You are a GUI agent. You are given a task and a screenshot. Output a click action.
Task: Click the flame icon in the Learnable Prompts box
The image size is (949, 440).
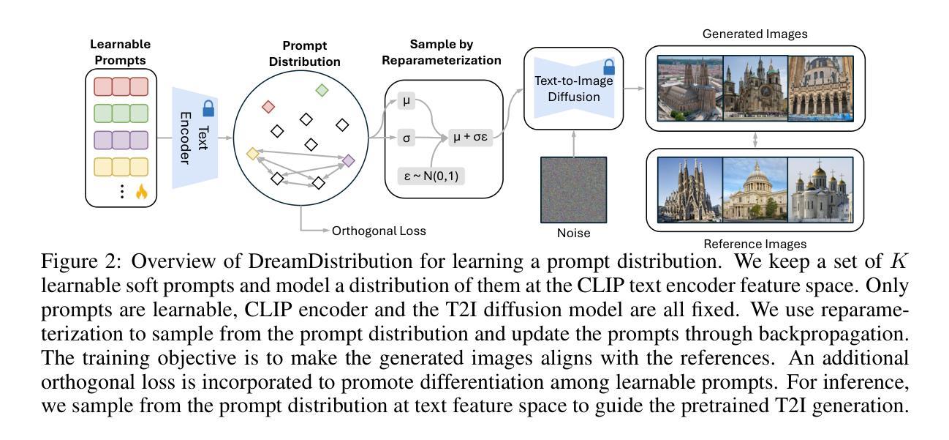(142, 192)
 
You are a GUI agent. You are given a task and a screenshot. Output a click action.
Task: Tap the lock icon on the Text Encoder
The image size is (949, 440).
(208, 108)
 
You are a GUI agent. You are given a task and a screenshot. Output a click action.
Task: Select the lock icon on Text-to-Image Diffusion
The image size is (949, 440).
(609, 67)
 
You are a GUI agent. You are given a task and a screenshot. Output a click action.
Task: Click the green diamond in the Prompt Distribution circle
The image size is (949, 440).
(322, 90)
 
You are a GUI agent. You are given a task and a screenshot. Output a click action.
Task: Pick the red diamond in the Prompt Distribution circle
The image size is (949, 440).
(268, 106)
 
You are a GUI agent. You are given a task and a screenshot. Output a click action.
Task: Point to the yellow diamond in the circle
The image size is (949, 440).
(253, 153)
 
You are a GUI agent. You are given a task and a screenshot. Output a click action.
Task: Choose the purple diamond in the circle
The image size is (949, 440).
(348, 160)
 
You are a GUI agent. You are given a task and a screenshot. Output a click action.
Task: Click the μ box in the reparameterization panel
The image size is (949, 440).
(407, 101)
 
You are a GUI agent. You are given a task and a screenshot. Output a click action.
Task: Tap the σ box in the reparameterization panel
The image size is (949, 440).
(407, 138)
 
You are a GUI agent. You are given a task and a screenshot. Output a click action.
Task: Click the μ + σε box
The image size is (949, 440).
(470, 137)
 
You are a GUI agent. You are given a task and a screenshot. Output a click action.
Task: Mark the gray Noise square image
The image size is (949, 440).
(574, 190)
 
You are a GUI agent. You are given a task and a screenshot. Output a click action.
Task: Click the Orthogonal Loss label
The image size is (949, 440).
(379, 231)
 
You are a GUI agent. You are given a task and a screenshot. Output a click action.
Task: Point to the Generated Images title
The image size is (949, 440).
(755, 34)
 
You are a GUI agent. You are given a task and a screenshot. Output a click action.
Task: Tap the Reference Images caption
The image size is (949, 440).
(755, 244)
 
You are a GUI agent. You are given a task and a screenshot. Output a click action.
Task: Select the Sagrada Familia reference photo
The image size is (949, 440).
(690, 190)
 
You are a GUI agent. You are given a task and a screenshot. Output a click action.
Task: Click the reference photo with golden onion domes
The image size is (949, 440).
(820, 190)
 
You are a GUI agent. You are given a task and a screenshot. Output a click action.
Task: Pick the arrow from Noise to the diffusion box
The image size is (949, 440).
(574, 143)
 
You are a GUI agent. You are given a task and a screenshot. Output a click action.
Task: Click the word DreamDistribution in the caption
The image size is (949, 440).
(330, 261)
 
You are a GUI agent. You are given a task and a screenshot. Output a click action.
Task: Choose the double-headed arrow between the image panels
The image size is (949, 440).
(755, 140)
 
